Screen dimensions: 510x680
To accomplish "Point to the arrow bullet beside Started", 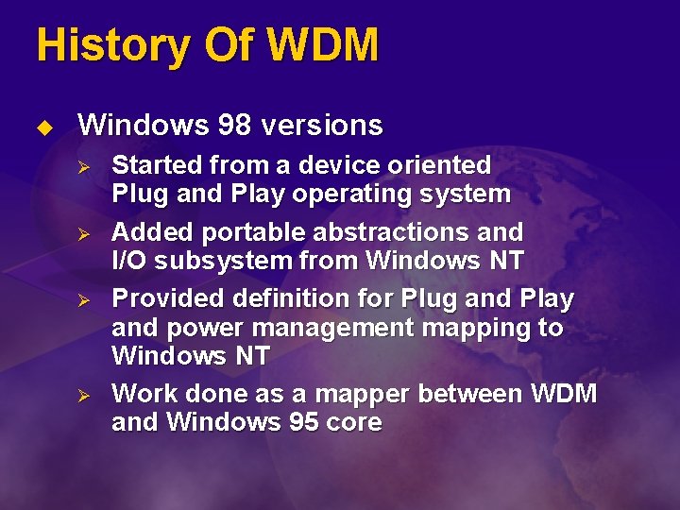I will point(83,167).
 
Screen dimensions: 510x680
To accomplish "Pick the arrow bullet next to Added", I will point(83,233).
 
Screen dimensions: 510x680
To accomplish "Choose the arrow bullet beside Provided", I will point(83,299).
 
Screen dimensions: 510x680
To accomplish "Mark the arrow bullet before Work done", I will point(83,394).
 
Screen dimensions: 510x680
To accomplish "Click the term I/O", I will point(130,262).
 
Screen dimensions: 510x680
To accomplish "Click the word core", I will point(351,422).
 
